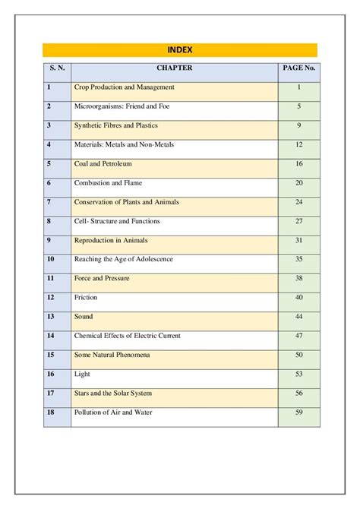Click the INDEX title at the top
179,50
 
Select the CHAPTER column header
175,68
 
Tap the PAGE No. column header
299,68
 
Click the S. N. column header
57,68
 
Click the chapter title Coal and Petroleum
103,163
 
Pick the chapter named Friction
86,297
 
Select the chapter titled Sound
84,316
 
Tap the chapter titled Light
82,374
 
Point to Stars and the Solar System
113,393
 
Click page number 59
299,412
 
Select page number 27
299,221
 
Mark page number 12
299,144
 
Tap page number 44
299,316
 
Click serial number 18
50,412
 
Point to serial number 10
50,259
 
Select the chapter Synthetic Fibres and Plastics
115,125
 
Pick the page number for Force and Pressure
299,278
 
